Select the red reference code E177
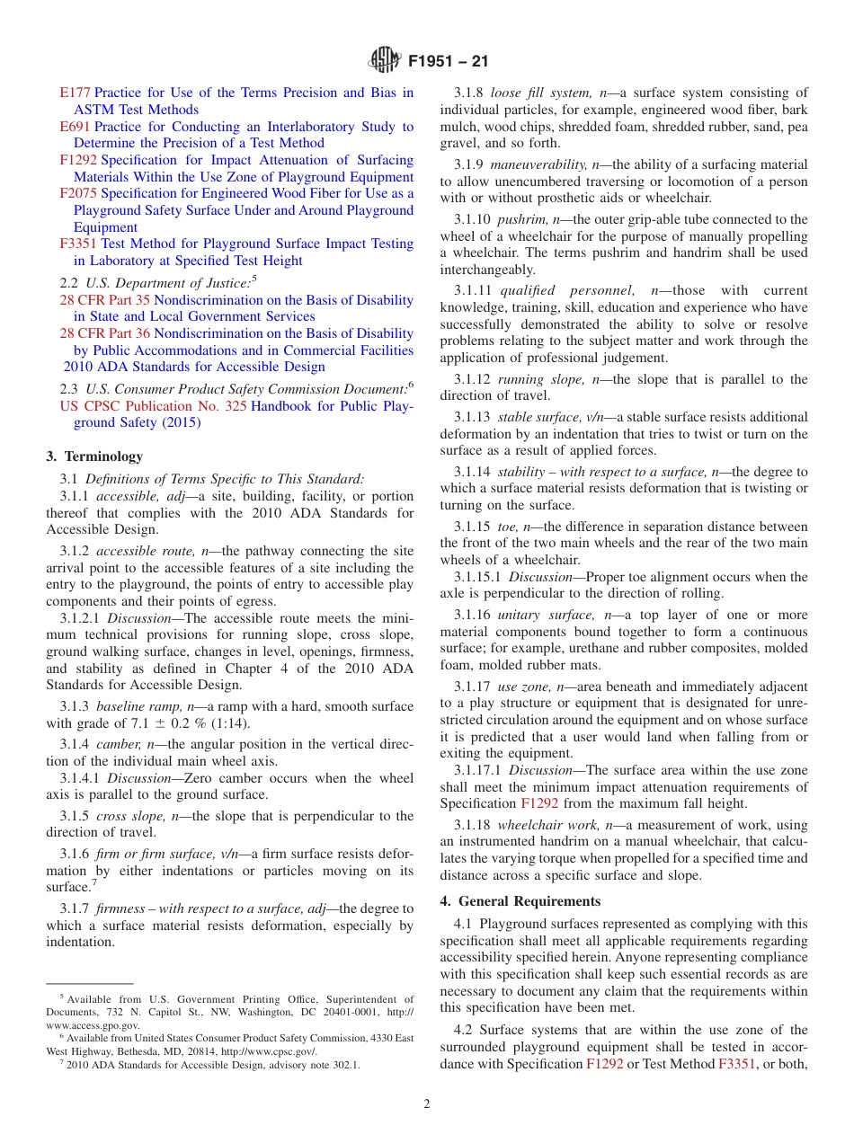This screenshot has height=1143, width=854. tap(75, 93)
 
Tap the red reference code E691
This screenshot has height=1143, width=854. tap(75, 127)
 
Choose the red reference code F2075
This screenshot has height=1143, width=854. tap(78, 193)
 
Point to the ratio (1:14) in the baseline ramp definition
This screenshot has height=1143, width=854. tap(231, 723)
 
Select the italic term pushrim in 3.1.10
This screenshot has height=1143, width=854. tap(520, 219)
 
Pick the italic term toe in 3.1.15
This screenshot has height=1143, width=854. tap(508, 527)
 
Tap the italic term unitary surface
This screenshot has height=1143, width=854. tap(547, 615)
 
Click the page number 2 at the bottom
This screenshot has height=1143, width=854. tap(427, 1104)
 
